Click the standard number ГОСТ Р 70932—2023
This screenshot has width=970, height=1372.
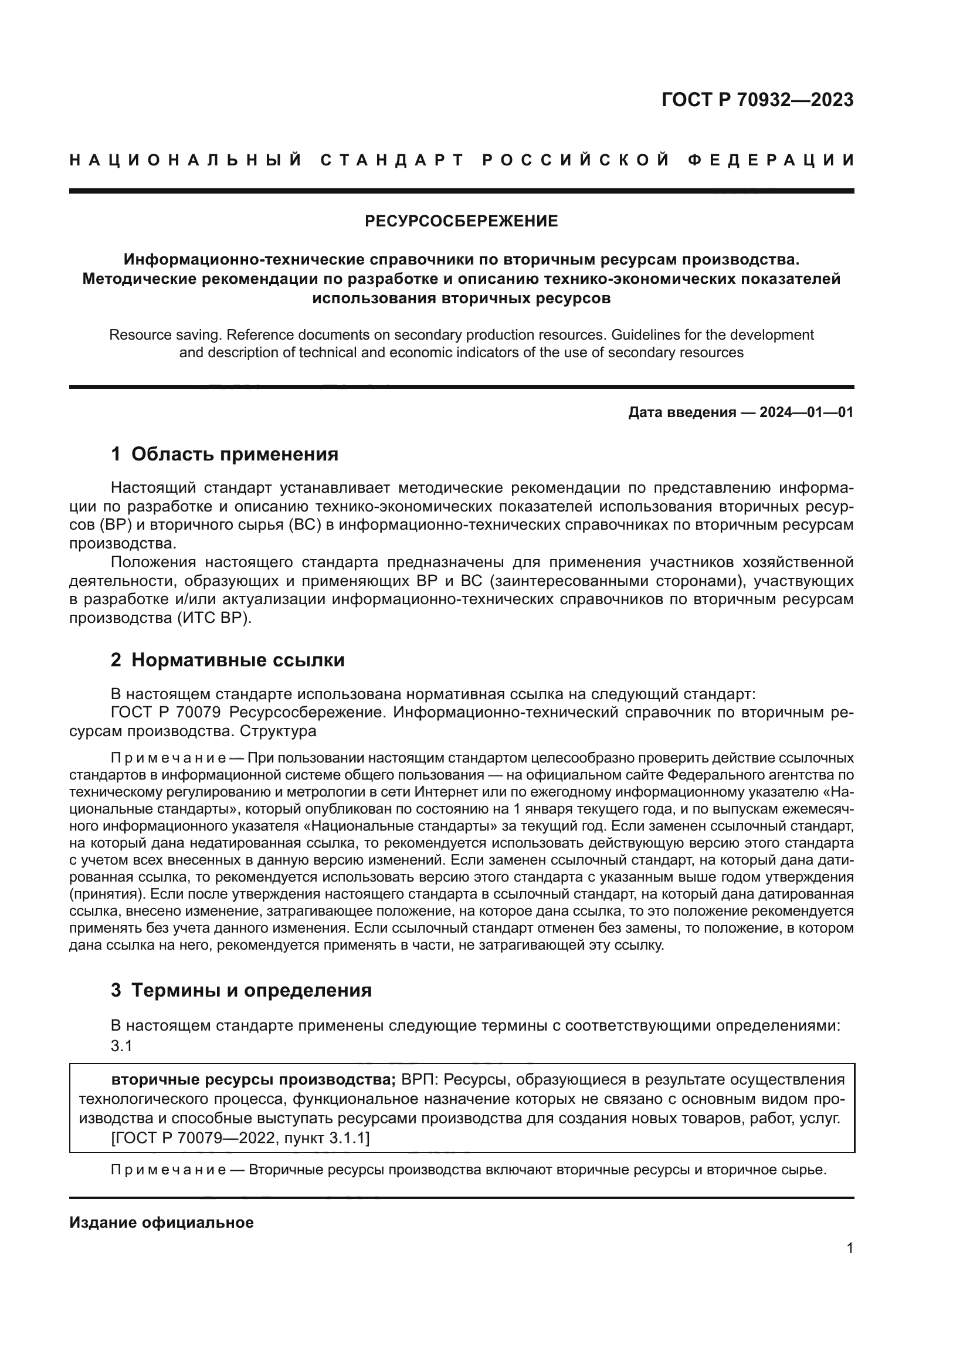pos(757,100)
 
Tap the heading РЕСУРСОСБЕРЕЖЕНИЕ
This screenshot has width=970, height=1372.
pos(461,222)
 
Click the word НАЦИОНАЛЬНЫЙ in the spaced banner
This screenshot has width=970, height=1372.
pos(186,160)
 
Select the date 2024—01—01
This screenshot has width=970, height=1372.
pos(806,412)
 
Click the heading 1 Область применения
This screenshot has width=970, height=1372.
pos(225,454)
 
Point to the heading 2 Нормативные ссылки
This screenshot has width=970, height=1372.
pos(228,660)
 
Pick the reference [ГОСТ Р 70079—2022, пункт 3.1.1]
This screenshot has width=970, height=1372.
pos(240,1139)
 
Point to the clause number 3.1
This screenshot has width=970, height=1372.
pos(121,1046)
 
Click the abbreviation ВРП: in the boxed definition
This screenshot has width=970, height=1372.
pos(420,1080)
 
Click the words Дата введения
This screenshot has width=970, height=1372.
pos(681,412)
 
